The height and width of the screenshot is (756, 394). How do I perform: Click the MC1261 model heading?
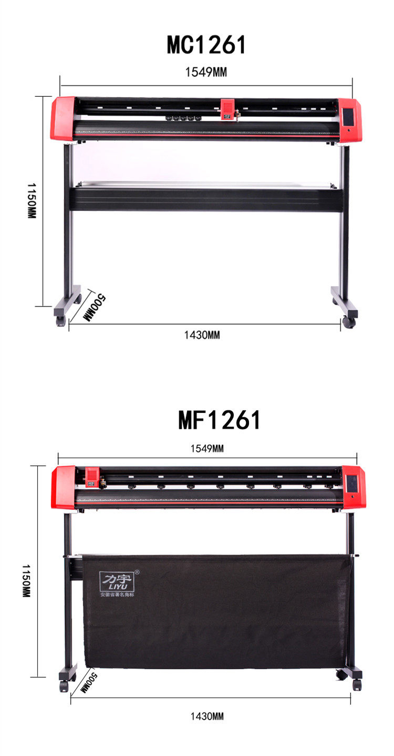point(206,45)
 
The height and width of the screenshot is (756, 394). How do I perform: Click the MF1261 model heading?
point(220,420)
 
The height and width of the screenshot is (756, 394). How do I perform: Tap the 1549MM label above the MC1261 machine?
point(206,72)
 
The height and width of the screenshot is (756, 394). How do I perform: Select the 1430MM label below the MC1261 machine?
point(202,335)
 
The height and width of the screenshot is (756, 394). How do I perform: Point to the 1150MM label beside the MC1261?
point(32,201)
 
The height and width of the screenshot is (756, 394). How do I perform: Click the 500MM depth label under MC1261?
point(95,307)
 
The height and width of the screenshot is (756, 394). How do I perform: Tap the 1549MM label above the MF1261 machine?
point(207,449)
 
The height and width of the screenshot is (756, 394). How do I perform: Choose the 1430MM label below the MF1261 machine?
point(207,716)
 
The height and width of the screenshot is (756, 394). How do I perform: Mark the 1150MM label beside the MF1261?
point(26,581)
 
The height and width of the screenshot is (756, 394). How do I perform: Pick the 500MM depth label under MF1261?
point(89,683)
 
